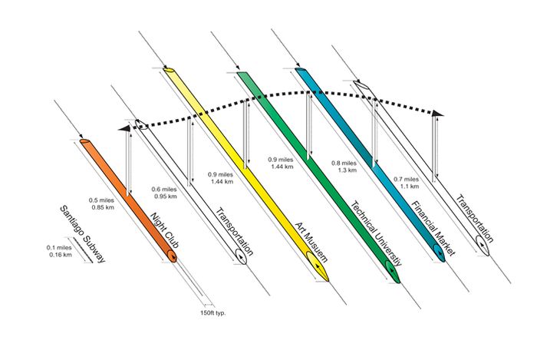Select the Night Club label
[x=167, y=229]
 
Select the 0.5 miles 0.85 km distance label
[x=102, y=203]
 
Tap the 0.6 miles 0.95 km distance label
[x=165, y=193]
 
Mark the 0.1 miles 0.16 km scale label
[x=59, y=250]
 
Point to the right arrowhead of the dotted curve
[x=437, y=114]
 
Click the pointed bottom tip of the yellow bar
[x=328, y=280]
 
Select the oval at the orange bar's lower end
[x=171, y=254]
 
